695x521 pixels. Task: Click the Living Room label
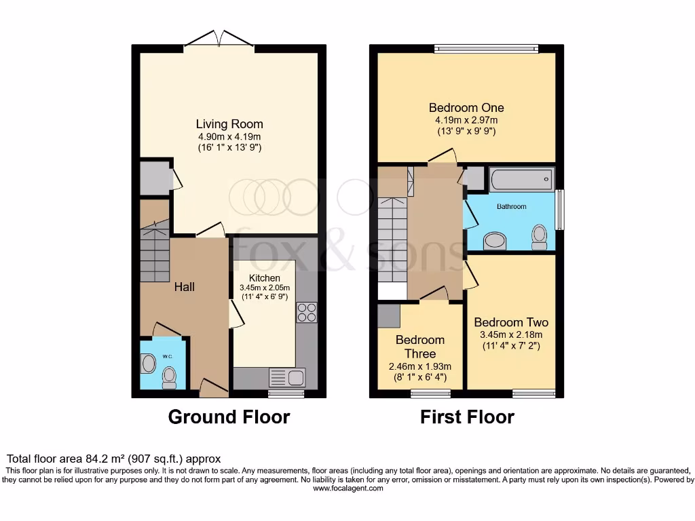tap(229, 124)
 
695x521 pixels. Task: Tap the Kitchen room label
tap(264, 278)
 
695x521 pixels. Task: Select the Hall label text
tap(184, 287)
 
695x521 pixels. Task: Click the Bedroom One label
tap(466, 107)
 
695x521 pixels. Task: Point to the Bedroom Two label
tap(511, 322)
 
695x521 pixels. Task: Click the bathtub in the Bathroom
tap(521, 180)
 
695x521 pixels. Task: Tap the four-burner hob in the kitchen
tap(307, 312)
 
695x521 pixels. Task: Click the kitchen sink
tap(296, 377)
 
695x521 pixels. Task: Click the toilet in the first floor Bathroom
tap(540, 237)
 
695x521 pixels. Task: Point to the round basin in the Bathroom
tap(495, 241)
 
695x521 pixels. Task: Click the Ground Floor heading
tap(229, 417)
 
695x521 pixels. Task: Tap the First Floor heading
tap(467, 417)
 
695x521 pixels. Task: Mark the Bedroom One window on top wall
tap(486, 48)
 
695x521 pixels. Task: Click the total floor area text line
tap(113, 459)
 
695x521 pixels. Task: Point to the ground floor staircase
tap(155, 252)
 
